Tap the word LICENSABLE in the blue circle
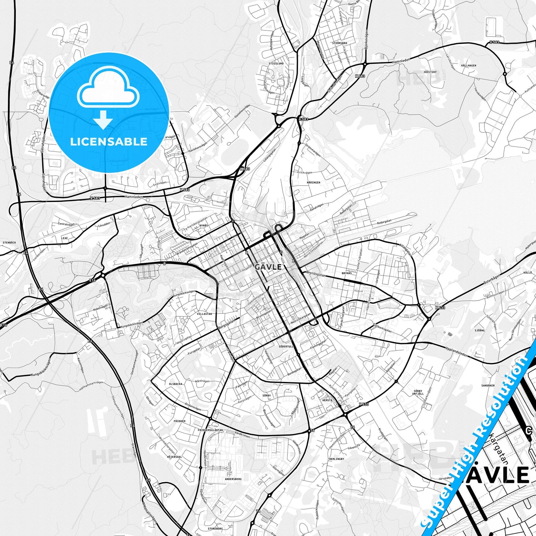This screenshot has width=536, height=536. [109, 142]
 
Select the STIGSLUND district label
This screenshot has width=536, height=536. [276, 63]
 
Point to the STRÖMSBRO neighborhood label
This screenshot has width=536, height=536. [339, 43]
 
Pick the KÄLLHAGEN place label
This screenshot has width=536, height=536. [468, 65]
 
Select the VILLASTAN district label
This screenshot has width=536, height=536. [204, 313]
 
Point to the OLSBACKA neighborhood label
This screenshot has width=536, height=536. [175, 384]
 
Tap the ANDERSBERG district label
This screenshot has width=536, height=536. [233, 479]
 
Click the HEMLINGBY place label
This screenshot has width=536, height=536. [336, 459]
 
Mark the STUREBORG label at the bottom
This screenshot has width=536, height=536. [215, 528]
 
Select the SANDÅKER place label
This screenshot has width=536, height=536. [488, 385]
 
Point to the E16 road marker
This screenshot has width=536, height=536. [92, 280]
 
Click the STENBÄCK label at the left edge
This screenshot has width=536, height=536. [9, 242]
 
